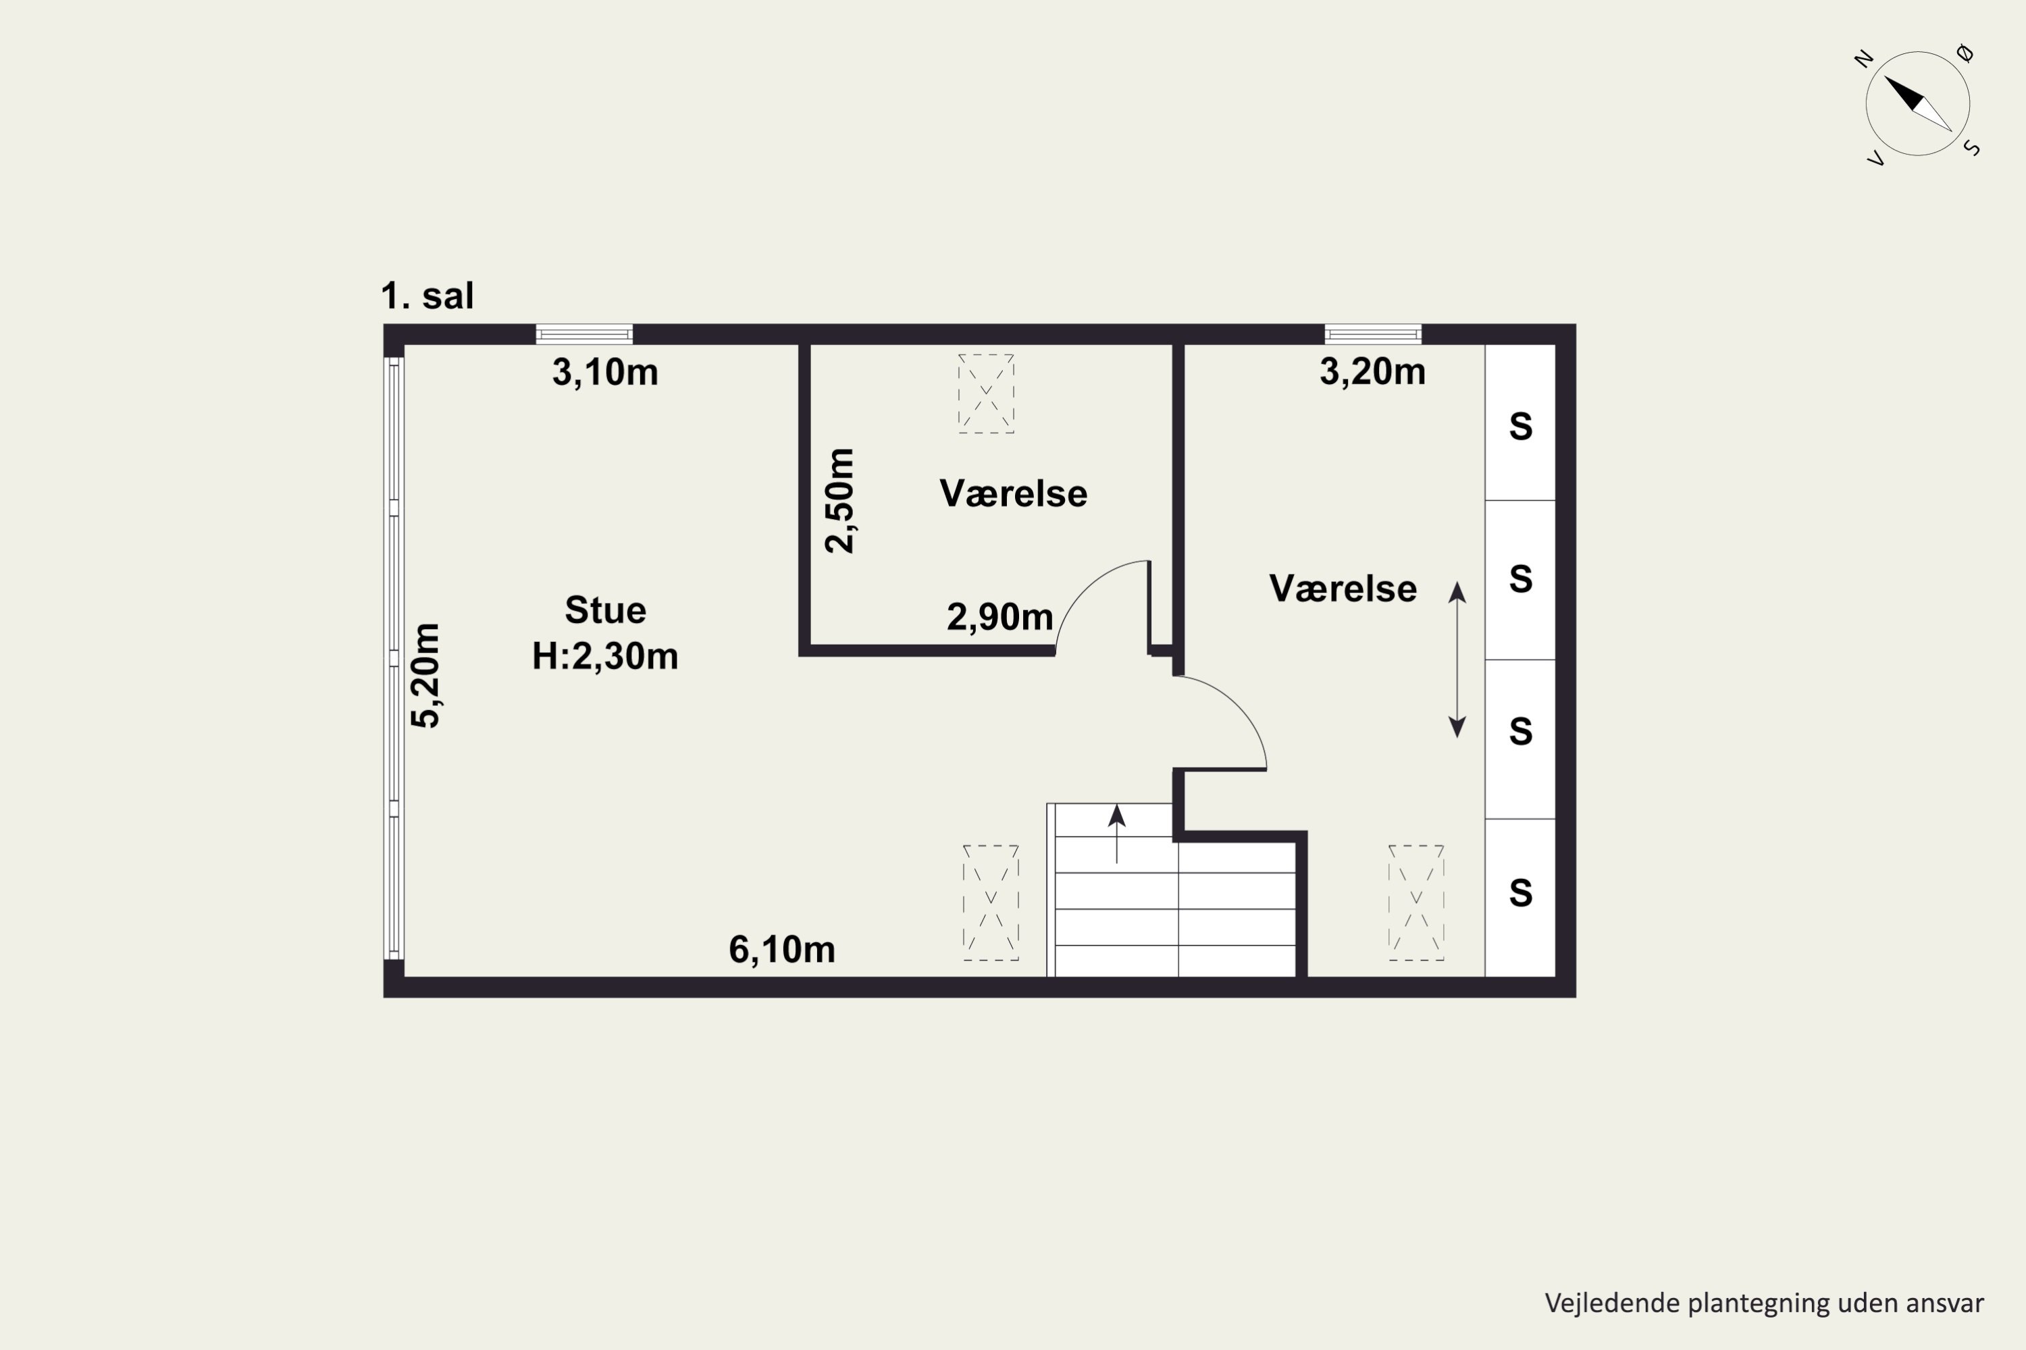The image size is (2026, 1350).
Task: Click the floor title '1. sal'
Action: point(427,296)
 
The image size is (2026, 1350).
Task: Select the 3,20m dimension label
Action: point(1372,372)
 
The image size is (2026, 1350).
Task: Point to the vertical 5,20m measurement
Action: point(425,676)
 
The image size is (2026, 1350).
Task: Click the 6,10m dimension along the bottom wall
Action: point(782,950)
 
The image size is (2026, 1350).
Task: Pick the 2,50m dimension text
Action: point(840,500)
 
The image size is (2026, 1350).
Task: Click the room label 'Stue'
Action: point(606,610)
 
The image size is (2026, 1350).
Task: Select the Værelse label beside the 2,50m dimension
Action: point(1013,494)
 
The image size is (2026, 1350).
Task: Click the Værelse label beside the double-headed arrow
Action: point(1343,589)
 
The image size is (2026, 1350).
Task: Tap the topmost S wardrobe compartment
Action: point(1520,423)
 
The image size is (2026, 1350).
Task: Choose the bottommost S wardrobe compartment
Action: point(1520,898)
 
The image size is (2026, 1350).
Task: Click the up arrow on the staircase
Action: point(1116,834)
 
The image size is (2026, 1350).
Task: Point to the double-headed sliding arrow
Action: point(1457,659)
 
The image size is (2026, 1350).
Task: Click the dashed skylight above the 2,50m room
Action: point(986,394)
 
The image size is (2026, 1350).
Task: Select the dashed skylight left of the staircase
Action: point(991,902)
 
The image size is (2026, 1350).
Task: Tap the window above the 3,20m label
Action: point(1372,334)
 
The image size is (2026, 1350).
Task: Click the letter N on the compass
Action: point(1863,59)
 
